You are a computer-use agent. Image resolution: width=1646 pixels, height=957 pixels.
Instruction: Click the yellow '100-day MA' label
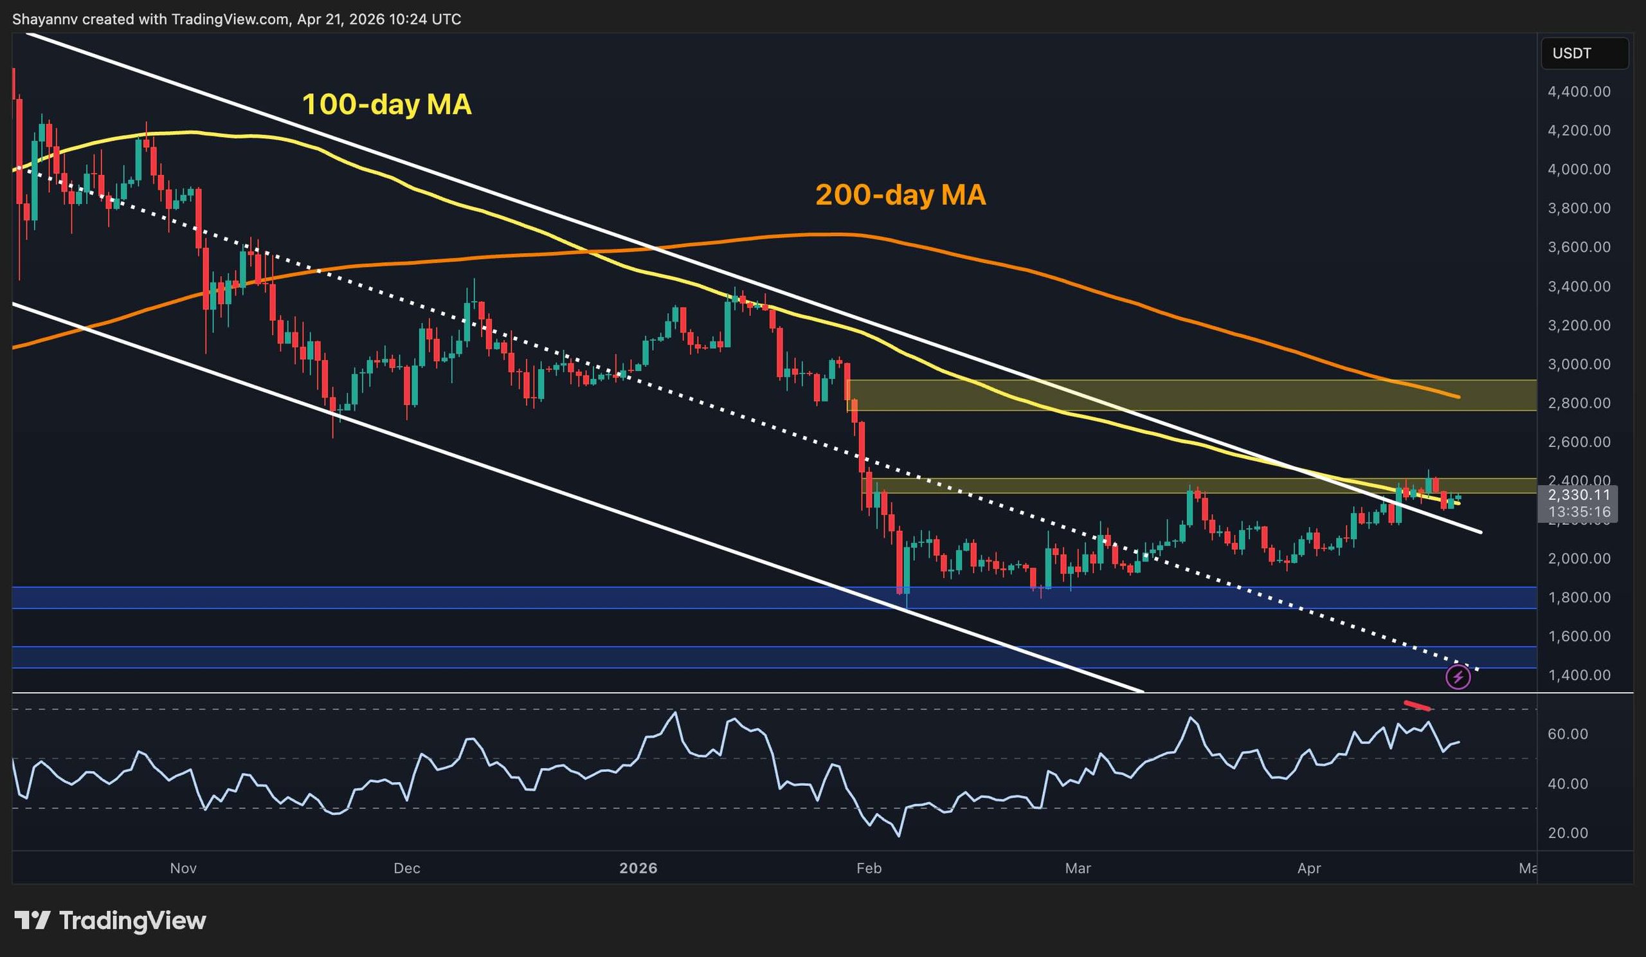(386, 105)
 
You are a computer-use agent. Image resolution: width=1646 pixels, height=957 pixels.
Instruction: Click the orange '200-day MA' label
(900, 195)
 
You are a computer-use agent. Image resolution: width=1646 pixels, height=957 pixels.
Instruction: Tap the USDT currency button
(1584, 53)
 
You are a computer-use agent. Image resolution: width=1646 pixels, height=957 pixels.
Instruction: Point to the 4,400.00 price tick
(1578, 91)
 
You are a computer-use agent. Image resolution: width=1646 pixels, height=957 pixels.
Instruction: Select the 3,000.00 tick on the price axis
(1578, 364)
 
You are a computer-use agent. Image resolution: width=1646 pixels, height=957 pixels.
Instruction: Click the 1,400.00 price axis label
(1578, 675)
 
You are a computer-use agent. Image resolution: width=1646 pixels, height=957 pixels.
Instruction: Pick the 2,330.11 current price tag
(1578, 495)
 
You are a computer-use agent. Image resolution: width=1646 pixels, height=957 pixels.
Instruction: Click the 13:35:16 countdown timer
(1578, 511)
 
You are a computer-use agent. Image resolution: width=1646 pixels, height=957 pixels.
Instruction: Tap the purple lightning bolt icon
(1458, 677)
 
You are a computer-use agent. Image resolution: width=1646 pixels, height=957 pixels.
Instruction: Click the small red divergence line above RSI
(1417, 706)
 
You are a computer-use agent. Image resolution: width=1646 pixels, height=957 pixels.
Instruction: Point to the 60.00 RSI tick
(1568, 734)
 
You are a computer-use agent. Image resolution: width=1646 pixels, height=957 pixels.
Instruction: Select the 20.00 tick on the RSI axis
(1568, 833)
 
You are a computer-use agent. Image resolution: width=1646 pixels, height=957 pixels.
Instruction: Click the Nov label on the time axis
(183, 868)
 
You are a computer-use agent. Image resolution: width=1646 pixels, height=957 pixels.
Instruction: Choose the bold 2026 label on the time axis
(638, 868)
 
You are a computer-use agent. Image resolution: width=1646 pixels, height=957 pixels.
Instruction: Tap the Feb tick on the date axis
(869, 868)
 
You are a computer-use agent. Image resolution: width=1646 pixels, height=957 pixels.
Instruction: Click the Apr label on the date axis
(1309, 868)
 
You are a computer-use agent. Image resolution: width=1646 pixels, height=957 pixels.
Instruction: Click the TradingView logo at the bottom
(110, 920)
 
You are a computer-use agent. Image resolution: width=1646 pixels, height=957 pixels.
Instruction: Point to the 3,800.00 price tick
(1578, 208)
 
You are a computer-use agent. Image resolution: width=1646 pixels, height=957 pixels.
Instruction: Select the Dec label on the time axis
(406, 868)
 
